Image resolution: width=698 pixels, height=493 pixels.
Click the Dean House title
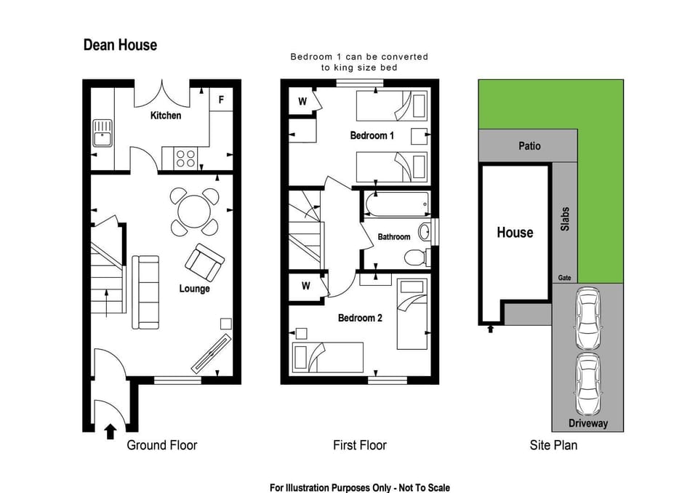point(120,45)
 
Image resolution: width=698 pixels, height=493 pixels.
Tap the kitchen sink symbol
point(103,133)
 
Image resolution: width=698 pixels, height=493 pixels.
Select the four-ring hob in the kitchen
point(185,158)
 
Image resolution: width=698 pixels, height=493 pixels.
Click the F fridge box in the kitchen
point(221,100)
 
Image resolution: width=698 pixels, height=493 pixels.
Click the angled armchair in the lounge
point(205,261)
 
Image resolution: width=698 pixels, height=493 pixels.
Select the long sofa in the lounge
point(145,292)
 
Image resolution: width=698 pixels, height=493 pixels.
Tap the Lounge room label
point(194,289)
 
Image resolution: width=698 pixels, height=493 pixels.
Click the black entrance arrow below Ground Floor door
point(110,432)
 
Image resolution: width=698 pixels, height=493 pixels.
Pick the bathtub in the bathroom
point(397,206)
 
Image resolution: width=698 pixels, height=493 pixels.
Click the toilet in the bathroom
point(417,257)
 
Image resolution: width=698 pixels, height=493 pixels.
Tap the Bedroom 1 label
point(372,135)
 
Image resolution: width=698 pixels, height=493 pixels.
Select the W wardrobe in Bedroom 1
point(302,102)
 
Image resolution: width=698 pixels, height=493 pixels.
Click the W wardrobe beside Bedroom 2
point(305,286)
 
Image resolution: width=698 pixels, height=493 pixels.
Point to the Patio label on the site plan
point(529,145)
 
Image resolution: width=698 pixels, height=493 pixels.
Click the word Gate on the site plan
point(564,278)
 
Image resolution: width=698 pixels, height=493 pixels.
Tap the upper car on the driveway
point(587,318)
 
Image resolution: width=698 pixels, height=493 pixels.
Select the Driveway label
point(587,423)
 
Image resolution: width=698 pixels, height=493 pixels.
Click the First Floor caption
point(359,445)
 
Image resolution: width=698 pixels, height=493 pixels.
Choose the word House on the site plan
point(515,233)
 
